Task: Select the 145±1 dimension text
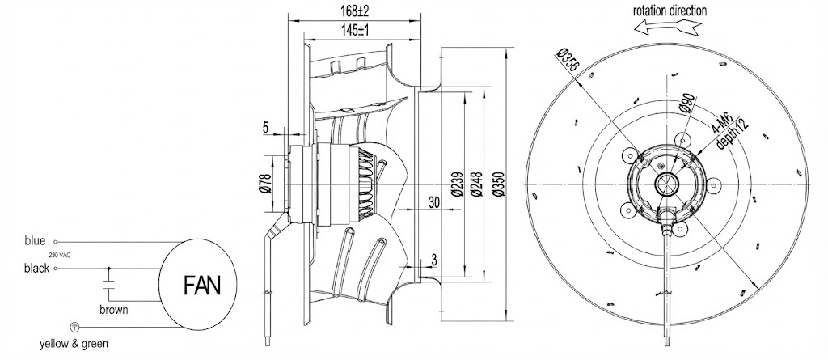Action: pyautogui.click(x=355, y=30)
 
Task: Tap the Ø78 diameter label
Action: pyautogui.click(x=264, y=183)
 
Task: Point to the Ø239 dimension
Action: pyautogui.click(x=458, y=184)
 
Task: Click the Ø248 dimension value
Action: pyautogui.click(x=476, y=184)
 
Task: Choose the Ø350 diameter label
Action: pyautogui.click(x=499, y=184)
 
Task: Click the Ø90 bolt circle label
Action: pyautogui.click(x=688, y=104)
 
